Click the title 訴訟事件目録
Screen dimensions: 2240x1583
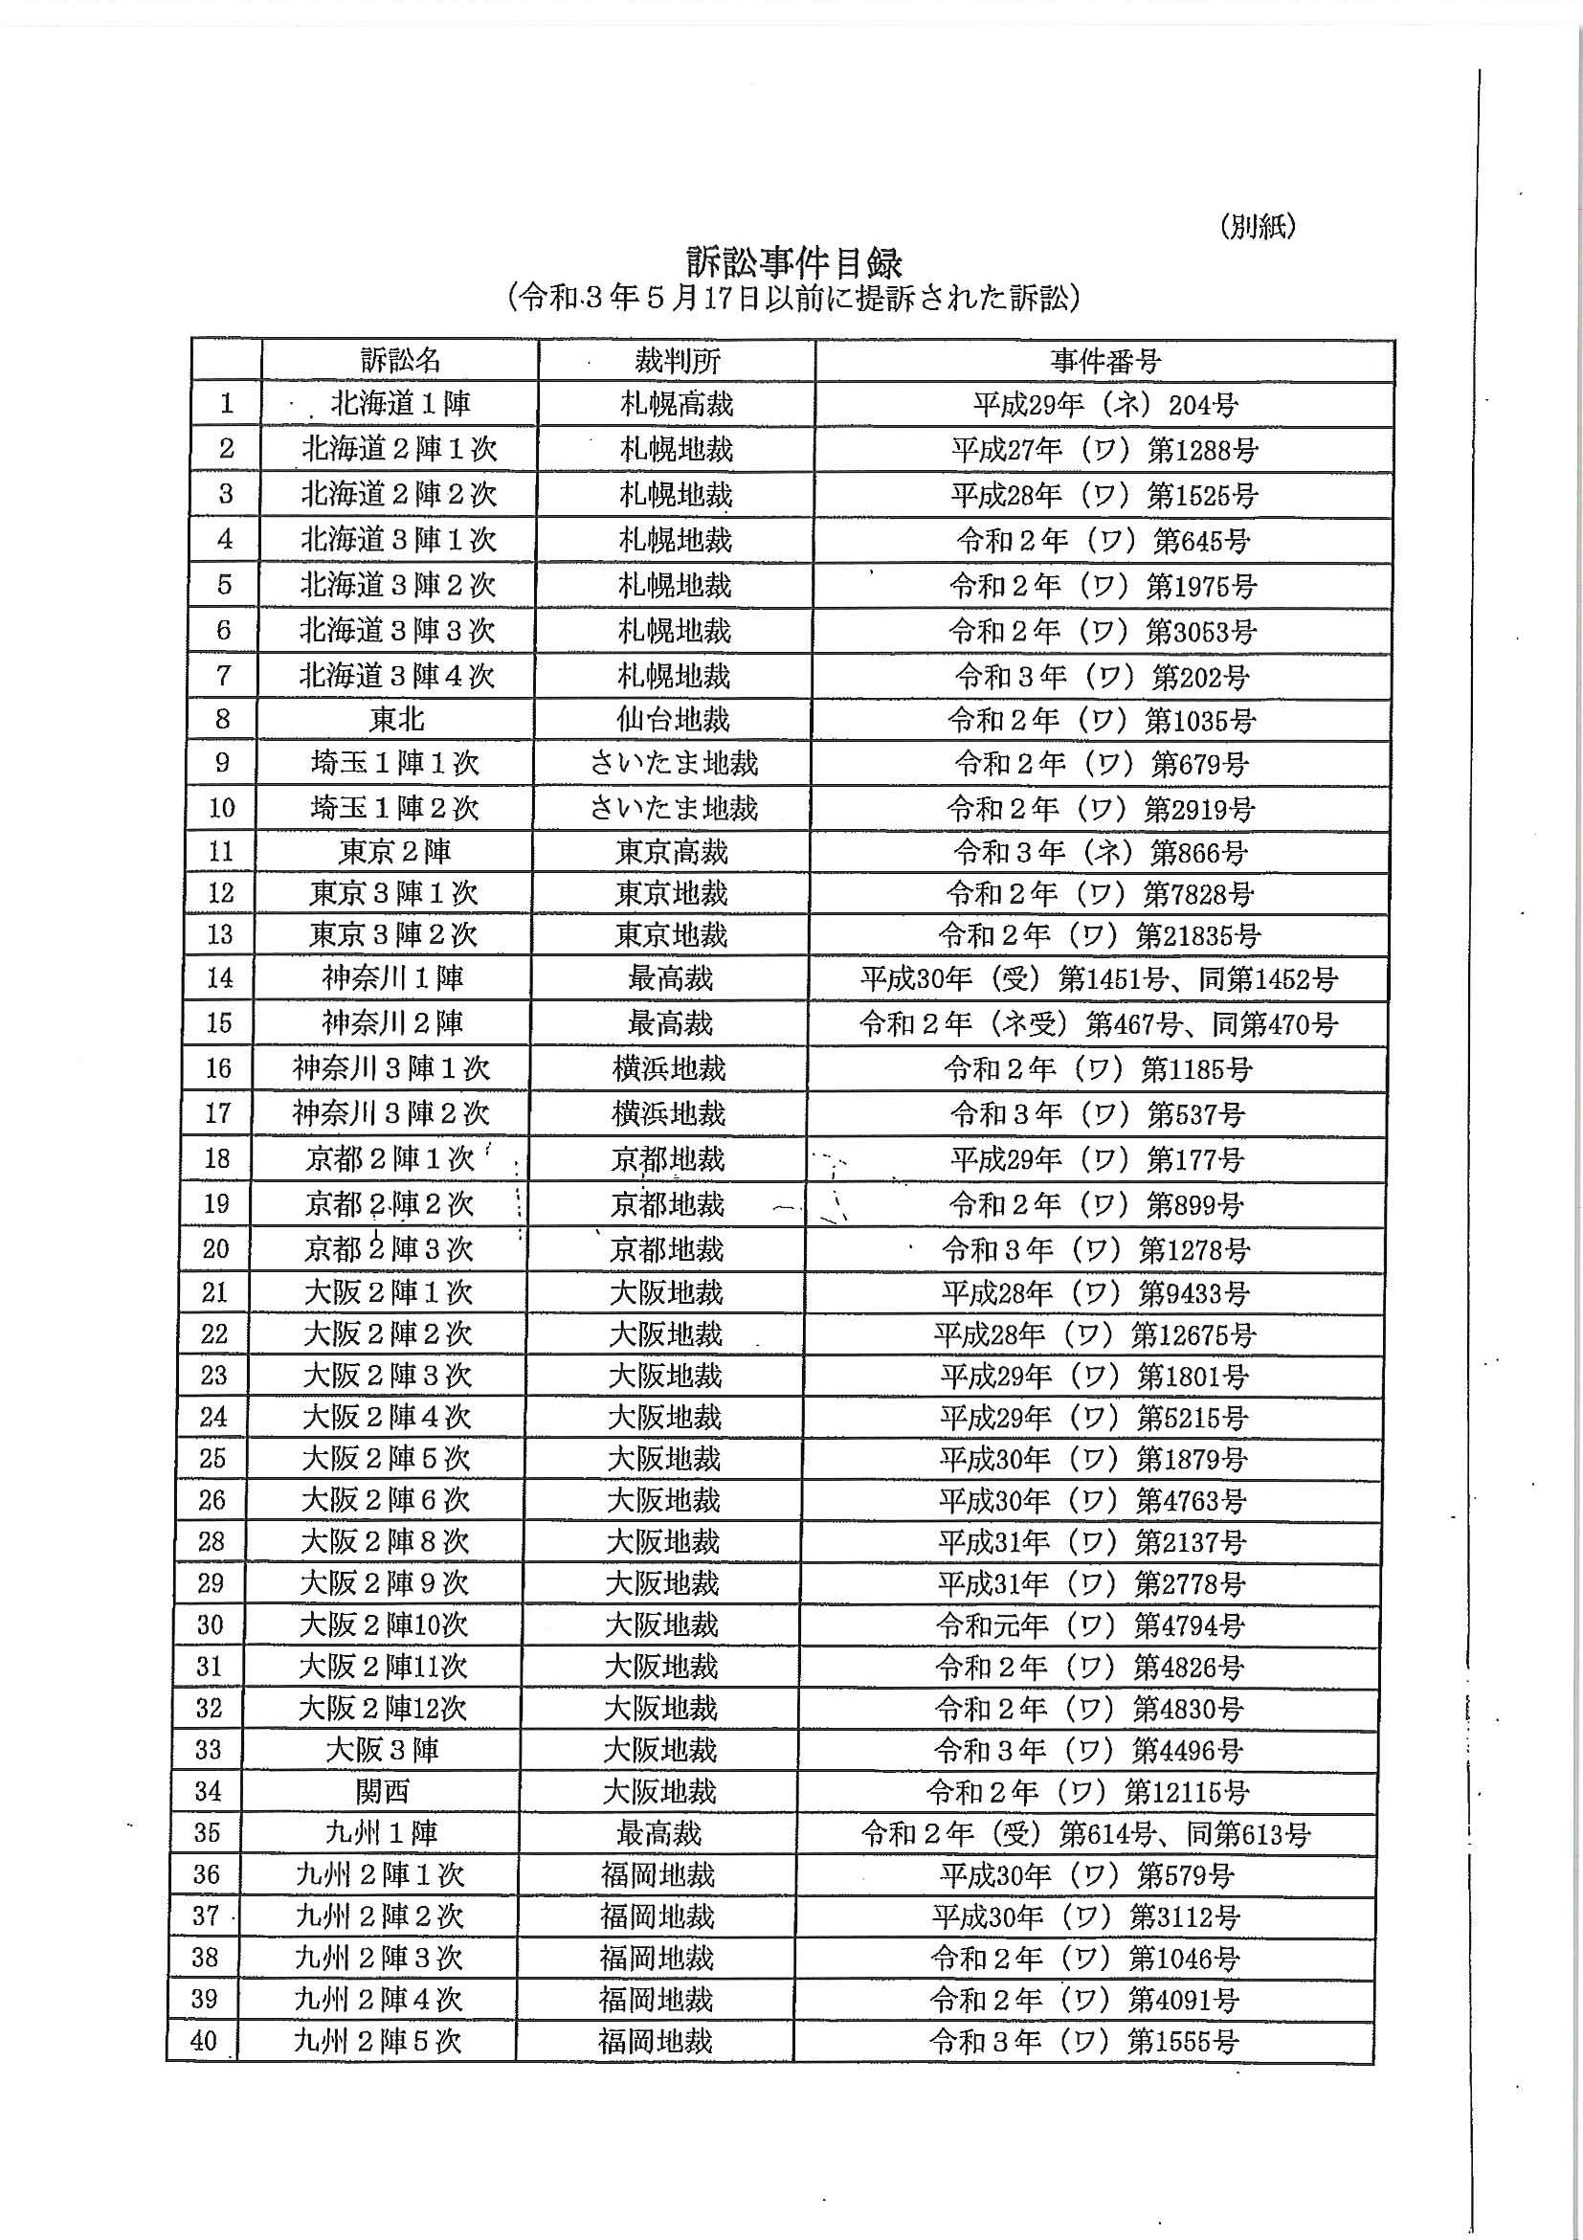(x=794, y=262)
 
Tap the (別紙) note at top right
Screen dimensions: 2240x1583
(x=1258, y=226)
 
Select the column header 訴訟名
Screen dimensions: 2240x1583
(x=400, y=361)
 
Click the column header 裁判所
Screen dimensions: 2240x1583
(x=677, y=361)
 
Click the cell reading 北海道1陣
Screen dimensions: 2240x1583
(x=400, y=404)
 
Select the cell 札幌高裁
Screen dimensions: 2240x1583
(x=677, y=404)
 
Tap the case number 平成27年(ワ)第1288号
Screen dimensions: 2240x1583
(x=1104, y=450)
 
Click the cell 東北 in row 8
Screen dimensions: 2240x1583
(x=397, y=720)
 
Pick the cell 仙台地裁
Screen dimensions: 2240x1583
(x=673, y=720)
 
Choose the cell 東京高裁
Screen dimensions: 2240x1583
(x=672, y=852)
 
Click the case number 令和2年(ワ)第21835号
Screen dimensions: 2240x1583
(x=1100, y=935)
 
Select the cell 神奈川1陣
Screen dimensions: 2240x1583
(x=393, y=977)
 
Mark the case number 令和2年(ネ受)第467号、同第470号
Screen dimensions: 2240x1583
(x=1099, y=1023)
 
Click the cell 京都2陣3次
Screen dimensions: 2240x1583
(x=389, y=1249)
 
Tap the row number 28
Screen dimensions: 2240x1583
(x=212, y=1541)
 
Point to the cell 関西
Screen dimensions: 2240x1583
(x=382, y=1791)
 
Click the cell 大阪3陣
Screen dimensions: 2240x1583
(x=382, y=1749)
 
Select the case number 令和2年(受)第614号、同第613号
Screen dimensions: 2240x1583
(x=1085, y=1834)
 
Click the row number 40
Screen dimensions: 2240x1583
(x=204, y=2041)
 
